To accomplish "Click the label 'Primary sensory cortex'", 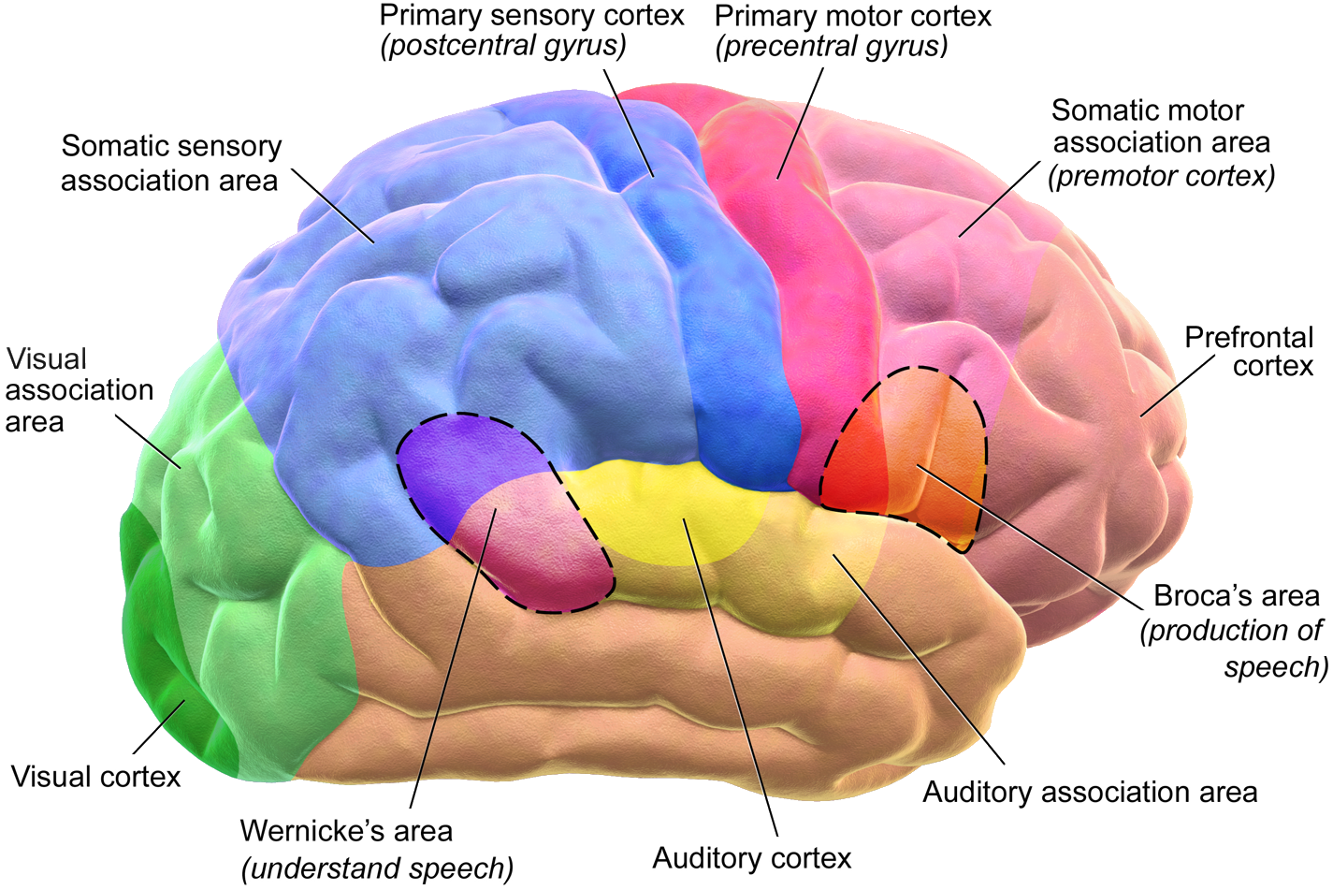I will pos(531,16).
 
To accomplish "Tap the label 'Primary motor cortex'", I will pos(852,16).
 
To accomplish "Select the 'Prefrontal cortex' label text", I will pos(1249,351).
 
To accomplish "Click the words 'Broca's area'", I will pos(1236,596).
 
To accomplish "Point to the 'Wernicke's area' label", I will pos(346,831).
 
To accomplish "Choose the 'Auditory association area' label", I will pos(1090,793).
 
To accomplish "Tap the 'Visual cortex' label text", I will pos(95,777).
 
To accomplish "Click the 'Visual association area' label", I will pos(79,390).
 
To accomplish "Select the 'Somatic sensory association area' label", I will pos(170,163).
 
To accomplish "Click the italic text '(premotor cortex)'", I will pos(1161,177).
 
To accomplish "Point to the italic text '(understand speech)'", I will pos(378,868).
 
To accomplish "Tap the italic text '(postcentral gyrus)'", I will pos(502,47).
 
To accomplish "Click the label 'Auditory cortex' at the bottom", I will pos(751,859).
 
